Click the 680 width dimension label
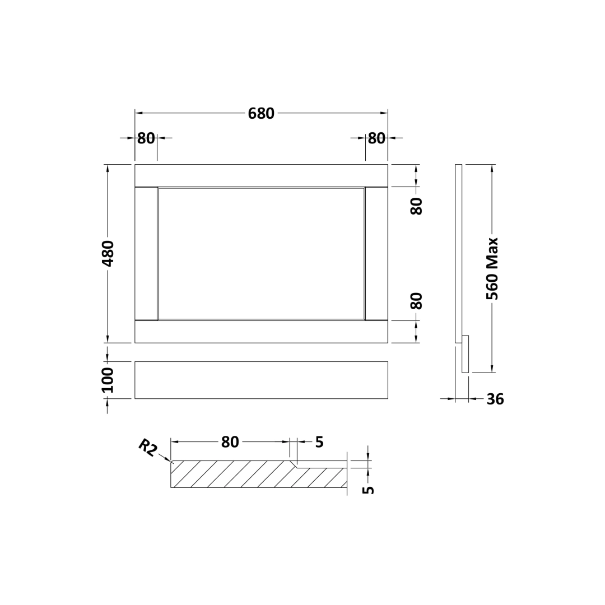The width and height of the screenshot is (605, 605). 261,113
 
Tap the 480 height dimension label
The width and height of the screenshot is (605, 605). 108,254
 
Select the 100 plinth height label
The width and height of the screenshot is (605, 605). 108,380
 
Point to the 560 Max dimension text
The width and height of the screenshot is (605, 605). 492,268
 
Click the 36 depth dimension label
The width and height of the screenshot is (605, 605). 495,399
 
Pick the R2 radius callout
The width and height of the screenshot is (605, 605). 147,448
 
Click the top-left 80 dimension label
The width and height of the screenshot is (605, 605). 146,138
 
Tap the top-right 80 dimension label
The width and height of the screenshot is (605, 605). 376,138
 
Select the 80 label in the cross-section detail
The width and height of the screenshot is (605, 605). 230,442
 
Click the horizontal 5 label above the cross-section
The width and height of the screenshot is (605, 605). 319,442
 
